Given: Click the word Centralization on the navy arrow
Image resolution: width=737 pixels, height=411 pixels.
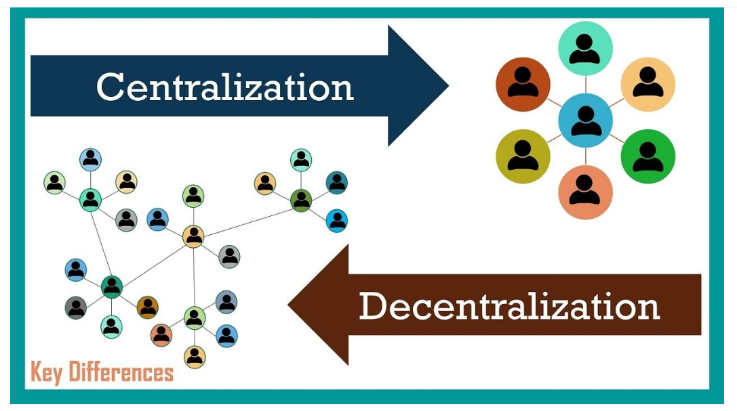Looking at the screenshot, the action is pyautogui.click(x=224, y=87).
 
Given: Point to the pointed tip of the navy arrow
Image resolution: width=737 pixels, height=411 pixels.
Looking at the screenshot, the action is pyautogui.click(x=447, y=86).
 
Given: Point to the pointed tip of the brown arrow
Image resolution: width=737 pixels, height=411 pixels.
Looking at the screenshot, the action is pyautogui.click(x=290, y=305).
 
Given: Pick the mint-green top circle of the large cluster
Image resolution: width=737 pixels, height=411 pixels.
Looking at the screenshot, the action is pyautogui.click(x=585, y=48).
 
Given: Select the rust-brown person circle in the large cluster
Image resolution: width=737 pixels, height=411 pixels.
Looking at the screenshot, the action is pyautogui.click(x=523, y=84).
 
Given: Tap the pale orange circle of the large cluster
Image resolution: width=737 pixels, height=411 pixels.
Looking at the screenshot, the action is pyautogui.click(x=648, y=84).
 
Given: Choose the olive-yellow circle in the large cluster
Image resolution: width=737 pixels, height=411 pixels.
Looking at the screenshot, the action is pyautogui.click(x=523, y=156).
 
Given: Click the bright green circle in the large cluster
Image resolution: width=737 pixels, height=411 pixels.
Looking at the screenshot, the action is pyautogui.click(x=648, y=156).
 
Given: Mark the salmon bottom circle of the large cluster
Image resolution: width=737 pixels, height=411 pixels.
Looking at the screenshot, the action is pyautogui.click(x=585, y=192).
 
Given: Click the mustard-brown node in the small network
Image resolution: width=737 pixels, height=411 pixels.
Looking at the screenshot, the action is pyautogui.click(x=147, y=307).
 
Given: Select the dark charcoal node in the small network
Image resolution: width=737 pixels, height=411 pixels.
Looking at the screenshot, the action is pyautogui.click(x=76, y=307).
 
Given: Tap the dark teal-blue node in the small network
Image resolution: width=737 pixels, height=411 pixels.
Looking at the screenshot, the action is pyautogui.click(x=336, y=181).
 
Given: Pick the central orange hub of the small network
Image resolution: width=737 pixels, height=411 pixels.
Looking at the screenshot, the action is pyautogui.click(x=193, y=236).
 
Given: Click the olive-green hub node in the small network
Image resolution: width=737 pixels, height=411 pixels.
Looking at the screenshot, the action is pyautogui.click(x=300, y=200).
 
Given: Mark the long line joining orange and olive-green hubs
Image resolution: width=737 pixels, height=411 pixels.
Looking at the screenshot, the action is pyautogui.click(x=247, y=218).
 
